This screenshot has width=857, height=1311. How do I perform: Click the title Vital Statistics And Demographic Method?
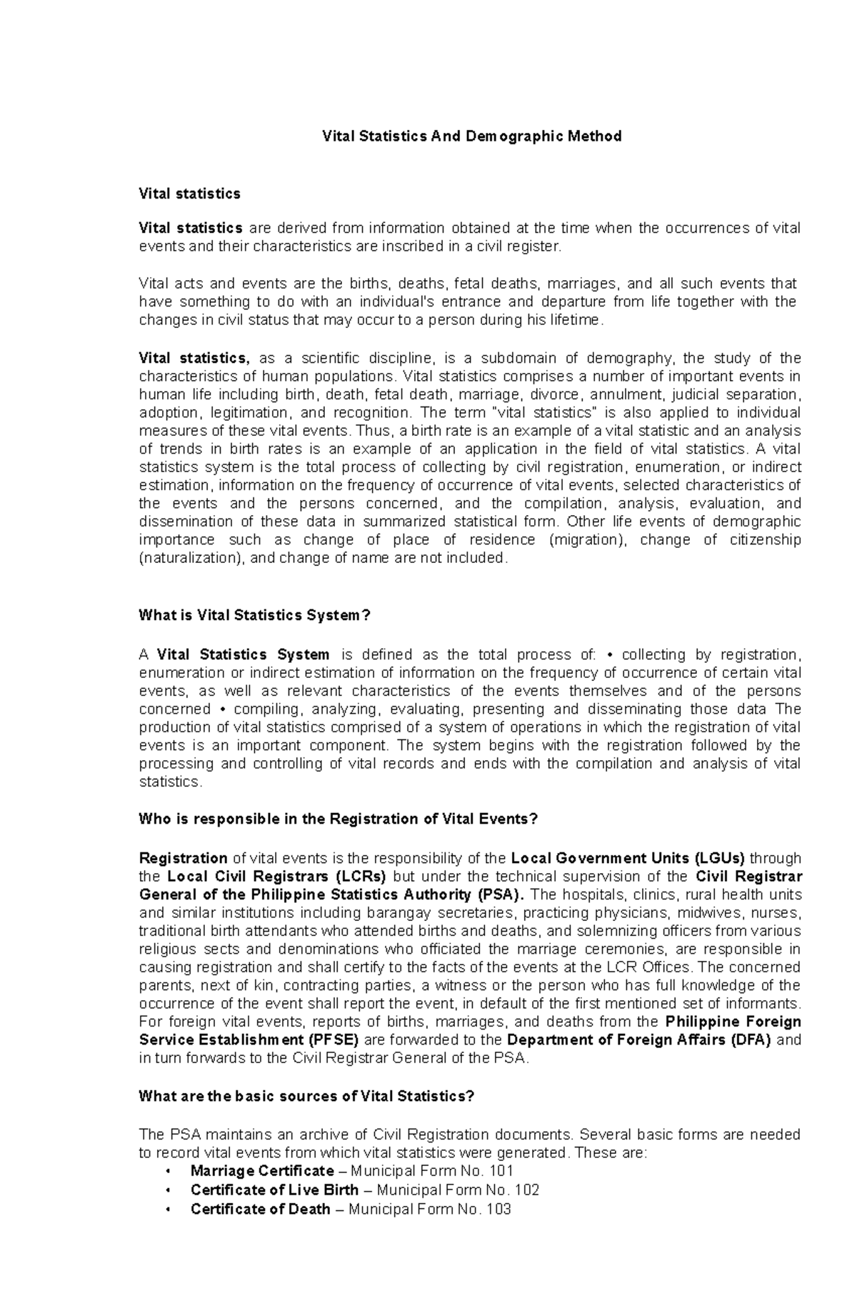pyautogui.click(x=472, y=136)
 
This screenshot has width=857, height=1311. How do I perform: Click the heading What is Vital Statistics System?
pyautogui.click(x=255, y=615)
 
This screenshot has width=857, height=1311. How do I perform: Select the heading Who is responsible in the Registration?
pyautogui.click(x=337, y=819)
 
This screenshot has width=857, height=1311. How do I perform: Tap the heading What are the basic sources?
pyautogui.click(x=306, y=1095)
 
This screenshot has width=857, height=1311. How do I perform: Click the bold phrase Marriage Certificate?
pyautogui.click(x=262, y=1170)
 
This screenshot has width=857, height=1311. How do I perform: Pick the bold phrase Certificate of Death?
pyautogui.click(x=260, y=1209)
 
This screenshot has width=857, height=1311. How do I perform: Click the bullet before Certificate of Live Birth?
pyautogui.click(x=168, y=1190)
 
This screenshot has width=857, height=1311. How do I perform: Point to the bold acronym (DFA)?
pyautogui.click(x=751, y=1040)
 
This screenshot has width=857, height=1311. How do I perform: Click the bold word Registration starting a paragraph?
pyautogui.click(x=183, y=858)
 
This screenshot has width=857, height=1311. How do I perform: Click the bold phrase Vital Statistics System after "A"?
pyautogui.click(x=243, y=654)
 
